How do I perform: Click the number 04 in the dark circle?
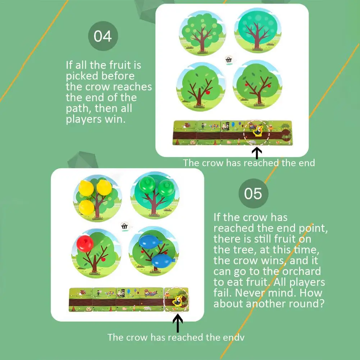point(103,36)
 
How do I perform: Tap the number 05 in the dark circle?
point(253,193)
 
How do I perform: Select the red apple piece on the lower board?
point(85,243)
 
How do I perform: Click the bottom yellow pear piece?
point(86,207)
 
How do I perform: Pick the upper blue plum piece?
point(150,241)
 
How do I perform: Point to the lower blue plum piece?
point(163,261)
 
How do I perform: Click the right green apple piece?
point(167,188)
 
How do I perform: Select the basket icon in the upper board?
point(229,60)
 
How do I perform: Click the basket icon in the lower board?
point(124,226)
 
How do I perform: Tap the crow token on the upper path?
point(258,131)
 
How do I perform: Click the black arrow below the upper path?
point(257,153)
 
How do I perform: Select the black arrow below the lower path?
point(178,323)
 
